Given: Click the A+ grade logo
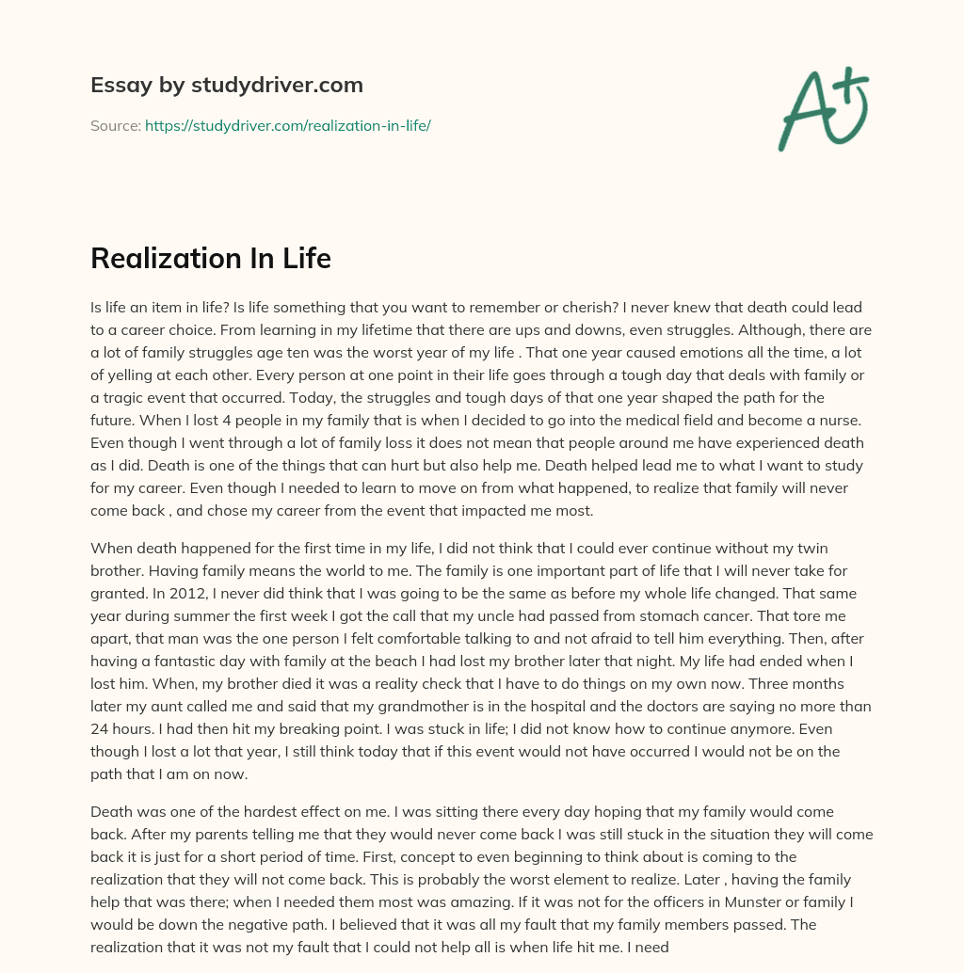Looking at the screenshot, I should pyautogui.click(x=824, y=108).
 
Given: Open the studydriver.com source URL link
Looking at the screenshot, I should pyautogui.click(x=287, y=125).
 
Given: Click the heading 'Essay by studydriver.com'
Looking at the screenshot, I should pyautogui.click(x=226, y=85).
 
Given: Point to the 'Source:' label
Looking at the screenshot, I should pyautogui.click(x=116, y=125).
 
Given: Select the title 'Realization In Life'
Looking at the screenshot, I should pyautogui.click(x=211, y=259).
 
